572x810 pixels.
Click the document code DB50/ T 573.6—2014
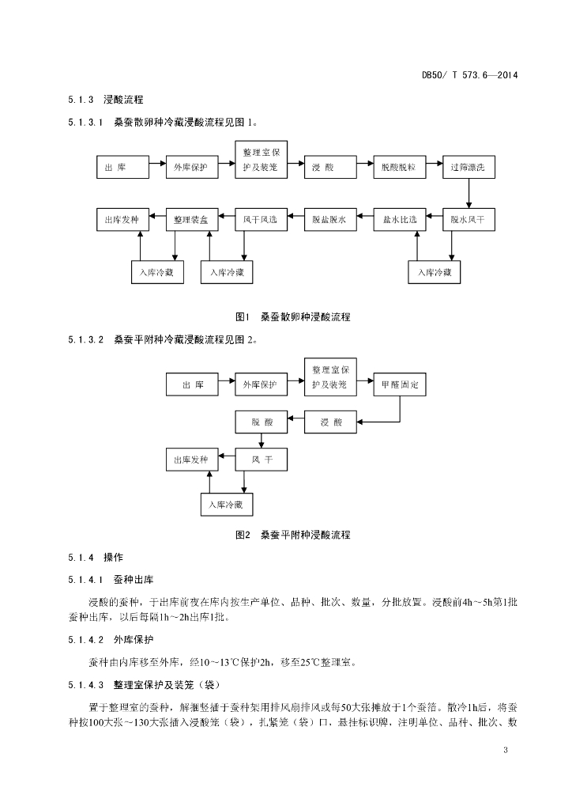click(x=469, y=75)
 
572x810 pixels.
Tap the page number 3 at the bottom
click(x=506, y=750)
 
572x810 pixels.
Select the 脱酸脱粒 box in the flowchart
click(x=400, y=168)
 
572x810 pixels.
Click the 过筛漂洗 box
click(x=469, y=168)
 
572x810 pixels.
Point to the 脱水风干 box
click(x=469, y=220)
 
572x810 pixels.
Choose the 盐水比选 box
click(x=400, y=220)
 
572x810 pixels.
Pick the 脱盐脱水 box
click(x=330, y=220)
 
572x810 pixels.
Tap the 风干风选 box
click(x=261, y=220)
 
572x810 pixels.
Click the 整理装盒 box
click(x=192, y=220)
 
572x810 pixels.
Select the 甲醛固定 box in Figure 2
click(x=400, y=385)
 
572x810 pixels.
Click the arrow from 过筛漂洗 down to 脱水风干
click(x=469, y=193)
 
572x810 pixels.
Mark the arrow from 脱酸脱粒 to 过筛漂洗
click(x=435, y=163)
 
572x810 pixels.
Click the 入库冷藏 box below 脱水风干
click(x=435, y=272)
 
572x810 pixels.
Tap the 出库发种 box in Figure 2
click(x=192, y=460)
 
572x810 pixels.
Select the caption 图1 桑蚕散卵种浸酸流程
click(x=293, y=316)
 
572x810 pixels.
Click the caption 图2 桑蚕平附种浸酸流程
click(x=293, y=535)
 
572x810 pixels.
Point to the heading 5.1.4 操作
click(x=96, y=558)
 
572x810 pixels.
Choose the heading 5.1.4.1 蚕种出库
click(x=111, y=580)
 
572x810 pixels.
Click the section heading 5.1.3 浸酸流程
click(x=106, y=100)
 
